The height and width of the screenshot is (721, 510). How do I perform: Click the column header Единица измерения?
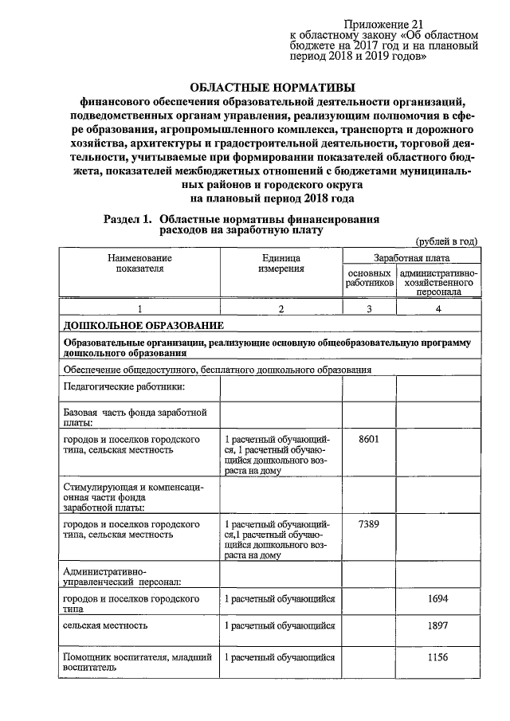[280, 264]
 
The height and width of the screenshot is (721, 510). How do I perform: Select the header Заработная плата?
[411, 258]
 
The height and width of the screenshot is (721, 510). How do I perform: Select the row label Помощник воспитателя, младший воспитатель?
[137, 663]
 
